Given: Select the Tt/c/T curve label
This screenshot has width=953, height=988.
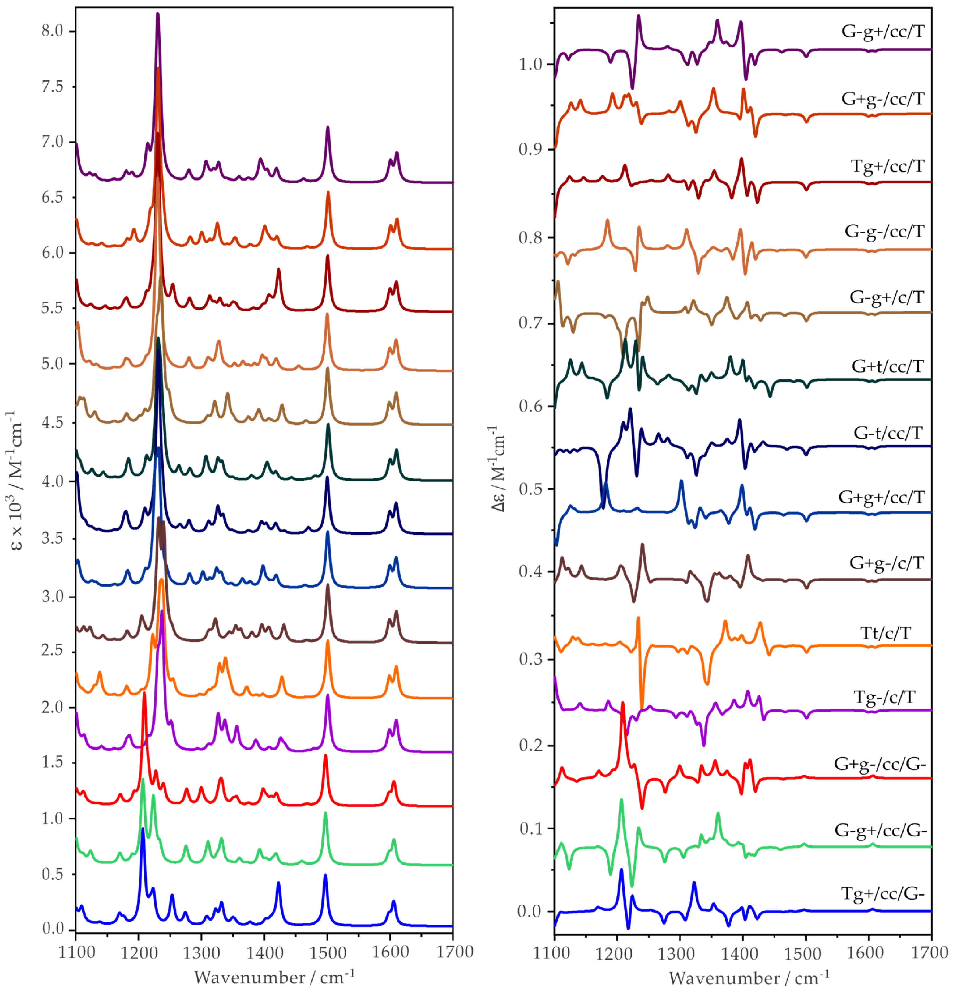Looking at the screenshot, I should pos(886,633).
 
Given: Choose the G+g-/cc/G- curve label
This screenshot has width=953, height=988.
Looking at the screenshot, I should pos(880,764).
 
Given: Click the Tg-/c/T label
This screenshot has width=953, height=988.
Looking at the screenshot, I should pos(884,698).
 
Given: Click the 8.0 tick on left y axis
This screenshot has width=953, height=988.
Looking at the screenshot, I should pos(53,31).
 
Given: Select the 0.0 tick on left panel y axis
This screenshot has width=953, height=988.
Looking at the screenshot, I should pos(53,929).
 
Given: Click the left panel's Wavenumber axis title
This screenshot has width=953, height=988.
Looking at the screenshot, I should pos(274,977).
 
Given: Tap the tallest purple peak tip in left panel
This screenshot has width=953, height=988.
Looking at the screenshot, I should pos(158,14).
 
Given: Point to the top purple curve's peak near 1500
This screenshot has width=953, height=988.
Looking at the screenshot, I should pos(328,127).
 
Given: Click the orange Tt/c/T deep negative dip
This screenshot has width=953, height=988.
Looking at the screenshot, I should pos(642,708).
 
